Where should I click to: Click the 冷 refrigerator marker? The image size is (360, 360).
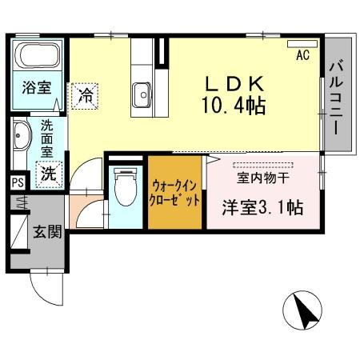85,96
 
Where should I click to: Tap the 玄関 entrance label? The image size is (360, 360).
47,233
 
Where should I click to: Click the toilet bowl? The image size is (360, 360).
124,190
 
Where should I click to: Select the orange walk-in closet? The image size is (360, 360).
174,192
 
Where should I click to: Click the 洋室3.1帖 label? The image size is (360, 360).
262,207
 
